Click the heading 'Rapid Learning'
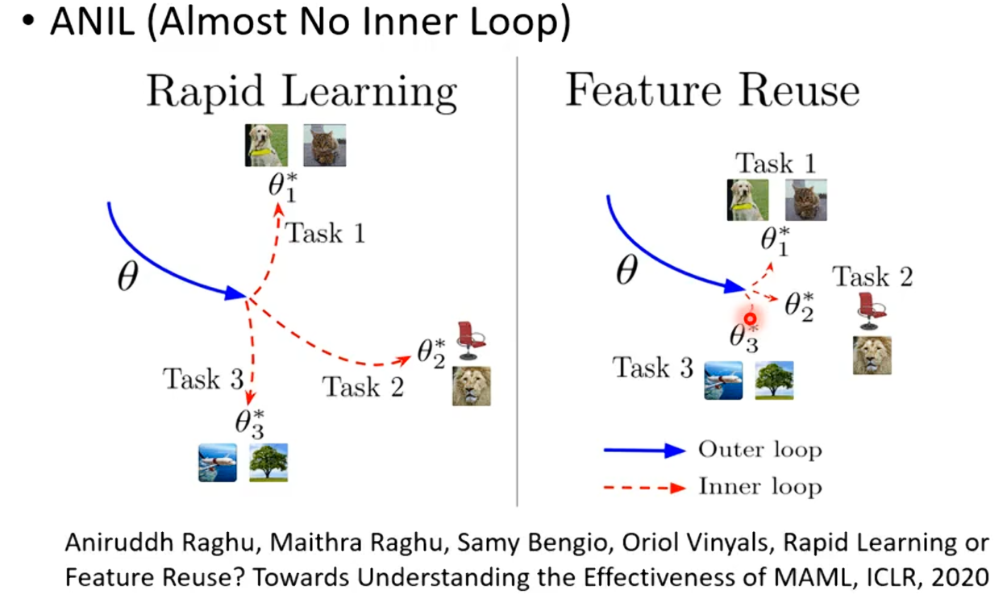[x=301, y=92]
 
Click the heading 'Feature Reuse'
[x=712, y=91]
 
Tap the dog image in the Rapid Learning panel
[x=266, y=145]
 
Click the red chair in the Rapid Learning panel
[x=470, y=340]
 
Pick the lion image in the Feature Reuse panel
[x=872, y=355]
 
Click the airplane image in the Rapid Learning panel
[x=218, y=463]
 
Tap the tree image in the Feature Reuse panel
[x=774, y=380]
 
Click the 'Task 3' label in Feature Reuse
[x=653, y=368]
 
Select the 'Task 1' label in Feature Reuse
[x=775, y=164]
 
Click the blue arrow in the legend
[x=644, y=451]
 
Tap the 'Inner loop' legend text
[x=759, y=487]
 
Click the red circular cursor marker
[x=751, y=318]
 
